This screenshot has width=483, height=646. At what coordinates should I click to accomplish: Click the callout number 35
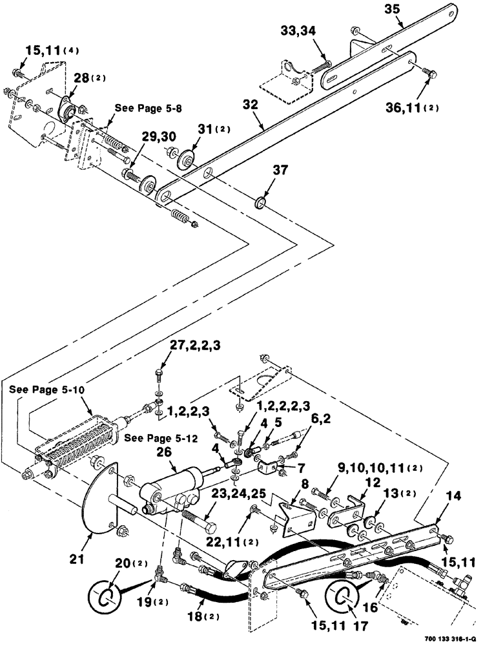pos(410,10)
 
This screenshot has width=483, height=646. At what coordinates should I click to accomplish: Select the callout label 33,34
pos(298,32)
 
